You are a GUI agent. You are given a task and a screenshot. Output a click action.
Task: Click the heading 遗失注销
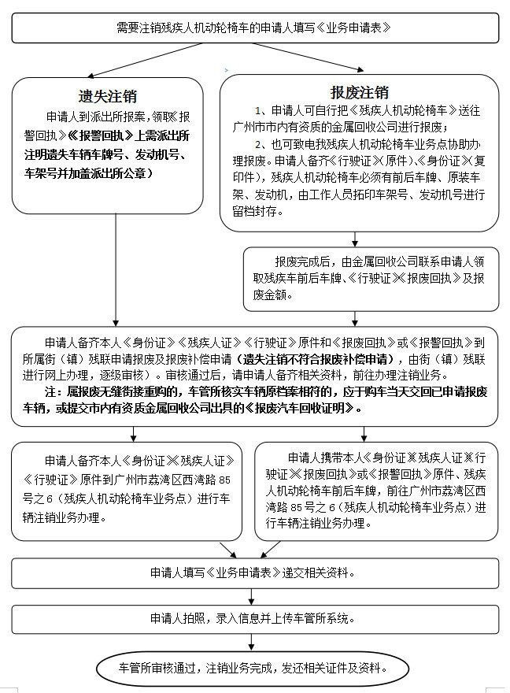(x=108, y=96)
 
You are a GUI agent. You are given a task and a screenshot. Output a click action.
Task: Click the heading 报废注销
(x=360, y=93)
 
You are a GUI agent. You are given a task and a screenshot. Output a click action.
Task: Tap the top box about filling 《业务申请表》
(x=255, y=27)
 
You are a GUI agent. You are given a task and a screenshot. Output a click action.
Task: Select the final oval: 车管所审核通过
(x=254, y=669)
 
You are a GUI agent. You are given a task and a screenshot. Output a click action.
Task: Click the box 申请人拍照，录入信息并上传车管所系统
(x=255, y=618)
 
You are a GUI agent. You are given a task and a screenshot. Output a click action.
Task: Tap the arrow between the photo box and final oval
(x=254, y=643)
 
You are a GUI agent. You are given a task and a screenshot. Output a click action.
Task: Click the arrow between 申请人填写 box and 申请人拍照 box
(x=254, y=596)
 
